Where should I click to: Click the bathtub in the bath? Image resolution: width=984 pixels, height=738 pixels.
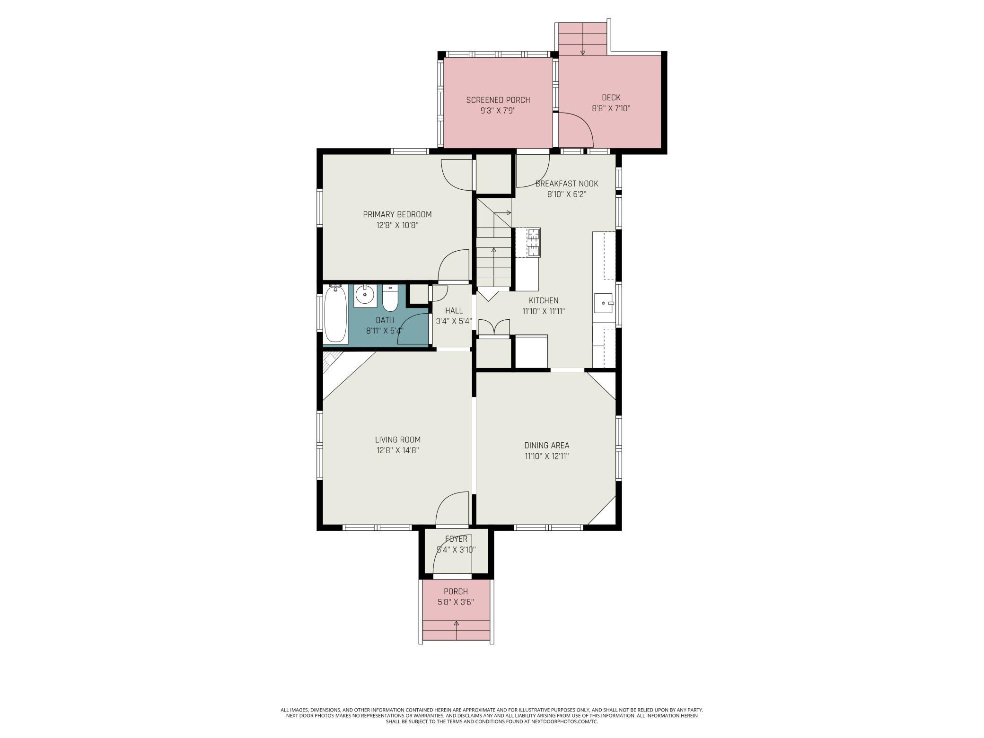coord(335,315)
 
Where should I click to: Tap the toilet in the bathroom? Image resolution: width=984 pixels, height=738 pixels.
coord(390,299)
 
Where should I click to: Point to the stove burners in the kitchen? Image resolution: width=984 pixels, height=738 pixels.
coord(534,242)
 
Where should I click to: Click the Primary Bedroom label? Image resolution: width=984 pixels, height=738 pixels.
coord(397,214)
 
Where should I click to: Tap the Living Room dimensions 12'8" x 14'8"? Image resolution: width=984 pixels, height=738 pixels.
coord(397,450)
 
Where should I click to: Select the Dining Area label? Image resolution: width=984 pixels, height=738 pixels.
coord(546,445)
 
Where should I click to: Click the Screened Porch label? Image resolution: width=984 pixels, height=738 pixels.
coord(498,100)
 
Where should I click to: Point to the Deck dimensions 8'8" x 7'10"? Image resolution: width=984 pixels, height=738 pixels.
coord(611,108)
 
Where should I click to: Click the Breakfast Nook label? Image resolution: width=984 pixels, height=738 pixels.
coord(567,184)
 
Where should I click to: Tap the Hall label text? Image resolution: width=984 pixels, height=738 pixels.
coord(454,311)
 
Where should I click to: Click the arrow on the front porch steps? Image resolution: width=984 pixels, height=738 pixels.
coord(456,624)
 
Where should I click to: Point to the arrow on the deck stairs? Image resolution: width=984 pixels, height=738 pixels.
coord(583,52)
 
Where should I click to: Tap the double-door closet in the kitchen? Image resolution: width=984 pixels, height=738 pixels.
coord(494,328)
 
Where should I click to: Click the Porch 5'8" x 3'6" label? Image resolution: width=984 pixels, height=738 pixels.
coord(456,597)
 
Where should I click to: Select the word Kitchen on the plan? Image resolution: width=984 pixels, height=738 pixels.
coord(544,300)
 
